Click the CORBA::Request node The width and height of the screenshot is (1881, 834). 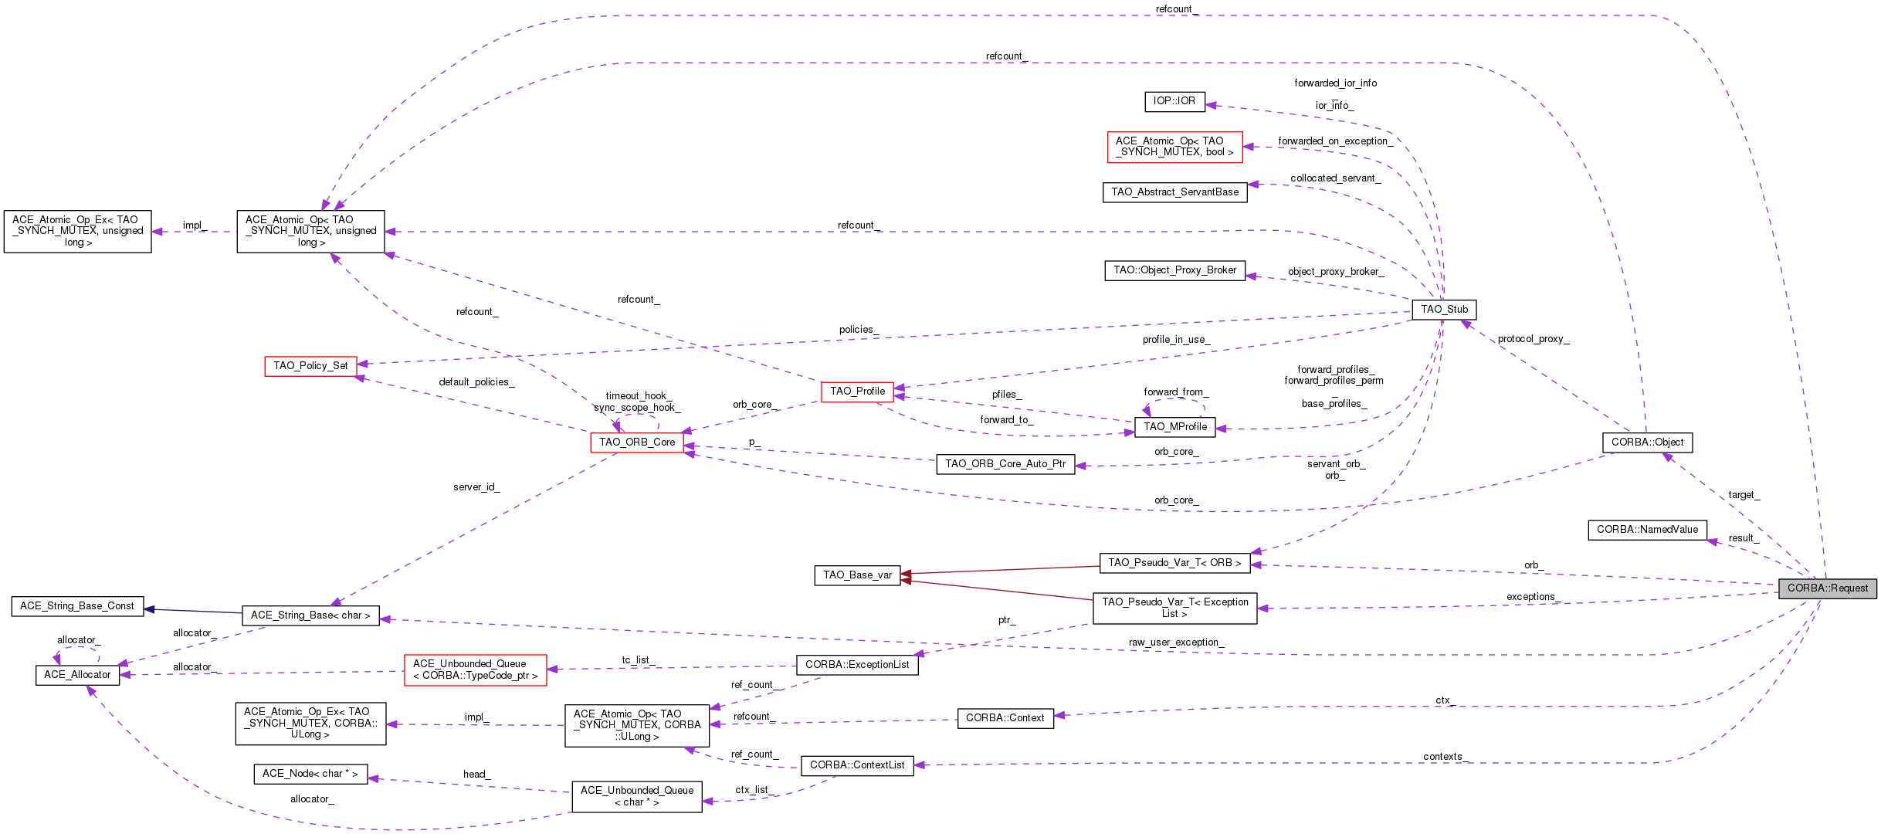point(1828,588)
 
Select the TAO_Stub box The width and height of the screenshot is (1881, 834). point(1445,309)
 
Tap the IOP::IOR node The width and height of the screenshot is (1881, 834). point(1174,101)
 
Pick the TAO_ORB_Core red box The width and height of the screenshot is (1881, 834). point(637,442)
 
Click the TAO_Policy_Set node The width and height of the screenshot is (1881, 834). point(310,366)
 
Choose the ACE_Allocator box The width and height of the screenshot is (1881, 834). point(77,675)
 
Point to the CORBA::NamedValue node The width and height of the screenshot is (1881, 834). point(1647,530)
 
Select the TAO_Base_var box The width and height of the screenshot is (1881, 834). point(857,575)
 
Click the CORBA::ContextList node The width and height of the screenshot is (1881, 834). point(857,765)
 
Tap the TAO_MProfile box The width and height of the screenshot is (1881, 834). point(1175,427)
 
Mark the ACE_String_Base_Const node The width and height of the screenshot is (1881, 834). point(77,606)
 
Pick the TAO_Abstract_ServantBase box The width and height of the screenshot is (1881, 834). point(1174,192)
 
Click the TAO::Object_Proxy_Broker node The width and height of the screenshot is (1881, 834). point(1175,270)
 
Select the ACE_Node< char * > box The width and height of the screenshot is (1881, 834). point(310,774)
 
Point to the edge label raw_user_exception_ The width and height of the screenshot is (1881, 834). point(1176,642)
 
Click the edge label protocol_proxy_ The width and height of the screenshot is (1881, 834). point(1534,339)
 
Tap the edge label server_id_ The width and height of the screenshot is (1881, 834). point(476,487)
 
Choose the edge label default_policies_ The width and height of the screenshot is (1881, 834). point(476,382)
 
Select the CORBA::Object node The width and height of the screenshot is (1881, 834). point(1648,442)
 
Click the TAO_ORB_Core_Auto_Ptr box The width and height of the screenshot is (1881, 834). point(1005,464)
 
